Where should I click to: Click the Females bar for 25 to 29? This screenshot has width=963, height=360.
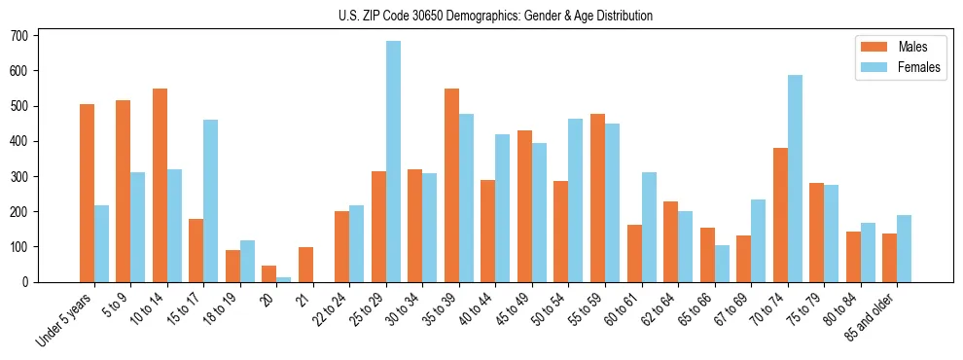[x=394, y=162]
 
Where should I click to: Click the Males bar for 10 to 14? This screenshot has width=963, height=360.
[x=160, y=185]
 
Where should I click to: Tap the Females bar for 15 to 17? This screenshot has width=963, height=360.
[x=211, y=200]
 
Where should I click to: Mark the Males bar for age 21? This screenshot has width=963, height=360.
[x=306, y=265]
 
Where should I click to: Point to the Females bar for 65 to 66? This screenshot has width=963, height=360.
[x=723, y=264]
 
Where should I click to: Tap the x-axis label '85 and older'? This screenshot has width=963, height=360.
[x=871, y=315]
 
